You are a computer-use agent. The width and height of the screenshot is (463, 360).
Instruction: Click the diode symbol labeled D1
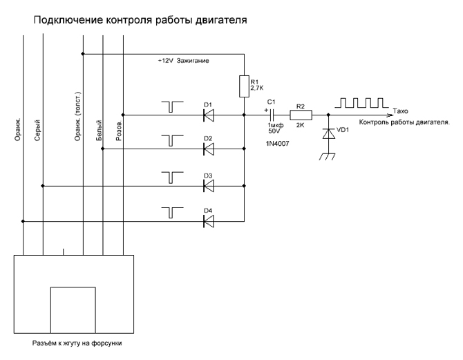(208, 115)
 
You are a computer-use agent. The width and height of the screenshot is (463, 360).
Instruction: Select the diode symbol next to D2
(208, 149)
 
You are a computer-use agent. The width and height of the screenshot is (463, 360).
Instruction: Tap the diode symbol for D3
(208, 186)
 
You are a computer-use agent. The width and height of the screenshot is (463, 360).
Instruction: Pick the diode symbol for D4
(208, 222)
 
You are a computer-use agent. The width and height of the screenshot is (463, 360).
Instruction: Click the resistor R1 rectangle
(244, 86)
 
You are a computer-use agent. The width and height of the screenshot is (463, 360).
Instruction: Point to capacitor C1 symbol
(272, 115)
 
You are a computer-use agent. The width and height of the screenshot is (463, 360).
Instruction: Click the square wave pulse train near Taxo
(360, 103)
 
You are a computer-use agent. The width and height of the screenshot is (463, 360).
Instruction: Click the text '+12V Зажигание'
(183, 61)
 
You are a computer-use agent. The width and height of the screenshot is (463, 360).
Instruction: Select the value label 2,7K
(258, 88)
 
